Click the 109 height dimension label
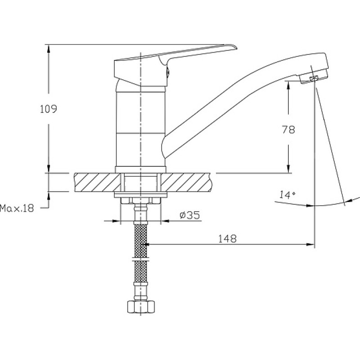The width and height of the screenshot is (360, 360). click(49, 109)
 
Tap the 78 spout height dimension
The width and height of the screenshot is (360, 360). click(288, 130)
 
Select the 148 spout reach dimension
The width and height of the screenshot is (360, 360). click(227, 239)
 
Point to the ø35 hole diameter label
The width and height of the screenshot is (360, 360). click(189, 215)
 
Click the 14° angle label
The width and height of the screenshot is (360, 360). click(287, 195)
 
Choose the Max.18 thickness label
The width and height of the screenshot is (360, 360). click(17, 208)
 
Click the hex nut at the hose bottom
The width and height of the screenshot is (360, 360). click(141, 307)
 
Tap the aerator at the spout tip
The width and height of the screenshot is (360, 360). click(314, 78)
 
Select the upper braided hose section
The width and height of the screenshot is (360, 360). click(140, 241)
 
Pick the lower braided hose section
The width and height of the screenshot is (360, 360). click(140, 272)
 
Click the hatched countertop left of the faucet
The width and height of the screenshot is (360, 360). click(97, 183)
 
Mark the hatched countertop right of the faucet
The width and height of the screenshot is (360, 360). click(186, 183)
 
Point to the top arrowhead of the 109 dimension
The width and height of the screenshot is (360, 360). click(49, 48)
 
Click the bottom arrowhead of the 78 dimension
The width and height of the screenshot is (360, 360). click(288, 169)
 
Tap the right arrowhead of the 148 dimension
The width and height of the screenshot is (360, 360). click(310, 244)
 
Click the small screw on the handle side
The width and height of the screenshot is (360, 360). click(168, 72)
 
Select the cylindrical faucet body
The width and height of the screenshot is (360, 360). click(140, 126)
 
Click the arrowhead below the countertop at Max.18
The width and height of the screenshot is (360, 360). click(49, 196)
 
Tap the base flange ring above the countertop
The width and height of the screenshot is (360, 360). click(140, 170)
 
